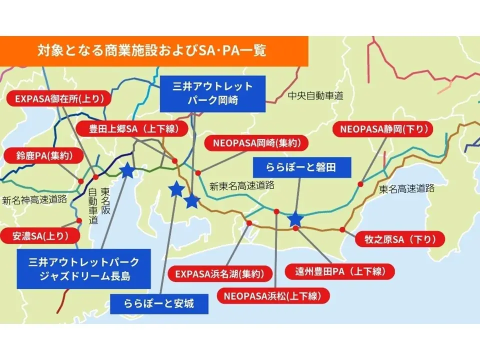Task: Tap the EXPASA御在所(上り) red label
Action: pos(59,99)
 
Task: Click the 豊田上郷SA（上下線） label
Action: pos(133,129)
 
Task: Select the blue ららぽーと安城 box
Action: pos(159,302)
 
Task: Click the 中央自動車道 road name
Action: pos(315,96)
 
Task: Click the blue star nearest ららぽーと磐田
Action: pos(295,219)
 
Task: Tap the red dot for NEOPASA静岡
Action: pos(360,184)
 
